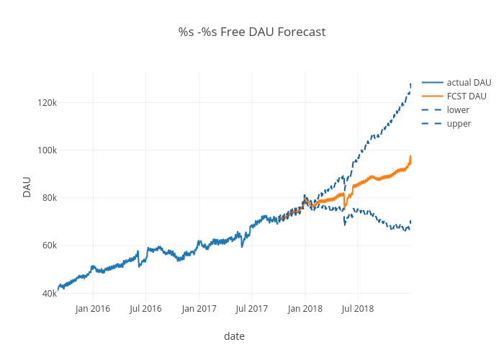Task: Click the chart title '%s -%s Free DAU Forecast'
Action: point(252,32)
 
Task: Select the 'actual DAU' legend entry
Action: point(469,83)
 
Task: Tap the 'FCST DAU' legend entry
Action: point(467,96)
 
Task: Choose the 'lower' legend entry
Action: point(458,110)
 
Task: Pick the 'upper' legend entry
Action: point(459,124)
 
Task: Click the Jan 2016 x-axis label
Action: point(93,309)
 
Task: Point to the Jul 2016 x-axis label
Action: point(145,309)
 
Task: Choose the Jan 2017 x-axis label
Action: point(199,309)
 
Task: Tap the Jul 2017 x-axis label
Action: point(251,309)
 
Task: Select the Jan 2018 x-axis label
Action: point(305,309)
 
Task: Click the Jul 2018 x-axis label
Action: point(357,309)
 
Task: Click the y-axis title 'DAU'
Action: point(27,186)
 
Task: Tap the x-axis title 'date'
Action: point(234,336)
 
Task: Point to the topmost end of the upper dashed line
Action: point(410,84)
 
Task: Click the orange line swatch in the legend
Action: point(432,96)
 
